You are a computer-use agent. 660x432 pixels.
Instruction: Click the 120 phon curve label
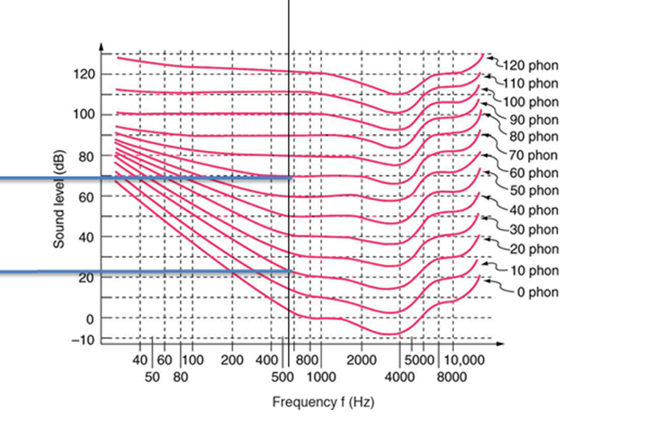point(530,66)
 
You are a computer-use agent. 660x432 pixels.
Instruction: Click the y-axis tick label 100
point(84,115)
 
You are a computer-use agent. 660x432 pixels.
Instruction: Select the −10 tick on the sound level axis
point(84,340)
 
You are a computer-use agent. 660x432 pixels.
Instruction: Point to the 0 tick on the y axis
point(90,319)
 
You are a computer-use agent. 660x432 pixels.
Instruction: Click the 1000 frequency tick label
point(321,377)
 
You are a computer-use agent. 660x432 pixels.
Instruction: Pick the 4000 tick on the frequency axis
point(400,377)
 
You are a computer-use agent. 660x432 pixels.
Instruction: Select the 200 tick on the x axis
point(232,359)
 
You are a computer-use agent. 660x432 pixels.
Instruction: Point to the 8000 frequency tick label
point(451,377)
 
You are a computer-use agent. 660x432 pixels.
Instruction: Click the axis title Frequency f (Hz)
point(323,402)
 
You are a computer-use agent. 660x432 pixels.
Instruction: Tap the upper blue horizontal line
point(142,178)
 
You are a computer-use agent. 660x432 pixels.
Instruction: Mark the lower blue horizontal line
point(142,272)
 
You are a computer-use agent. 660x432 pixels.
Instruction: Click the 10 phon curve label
point(534,270)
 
